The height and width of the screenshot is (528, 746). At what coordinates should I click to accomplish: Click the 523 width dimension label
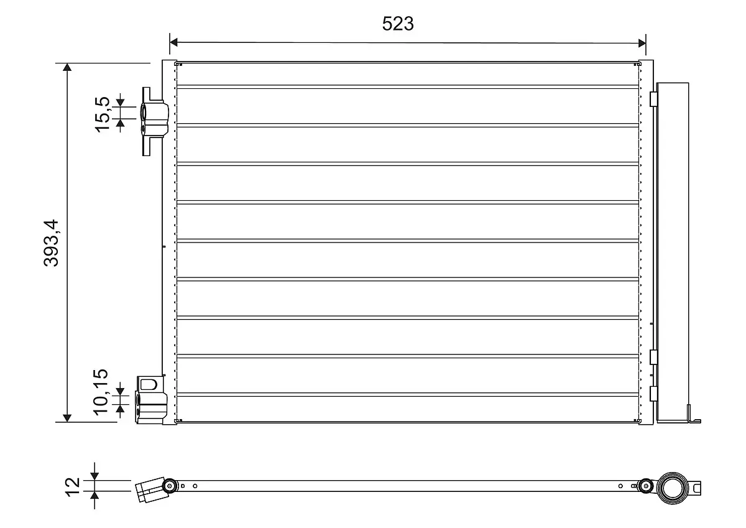click(398, 24)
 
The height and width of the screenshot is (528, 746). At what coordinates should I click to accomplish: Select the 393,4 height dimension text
click(51, 243)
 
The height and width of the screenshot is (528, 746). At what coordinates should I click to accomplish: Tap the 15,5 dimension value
click(102, 114)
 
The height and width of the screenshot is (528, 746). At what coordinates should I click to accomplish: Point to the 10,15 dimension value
click(101, 392)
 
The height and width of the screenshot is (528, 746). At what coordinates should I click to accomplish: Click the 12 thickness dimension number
click(73, 488)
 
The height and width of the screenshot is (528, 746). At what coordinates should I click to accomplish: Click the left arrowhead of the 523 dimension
click(173, 42)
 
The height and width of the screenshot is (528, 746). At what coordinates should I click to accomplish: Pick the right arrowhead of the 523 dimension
click(642, 43)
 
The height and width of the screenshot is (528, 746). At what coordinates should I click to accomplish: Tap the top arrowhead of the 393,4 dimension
click(67, 67)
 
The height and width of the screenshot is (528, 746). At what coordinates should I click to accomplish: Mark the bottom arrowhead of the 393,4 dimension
click(67, 418)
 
